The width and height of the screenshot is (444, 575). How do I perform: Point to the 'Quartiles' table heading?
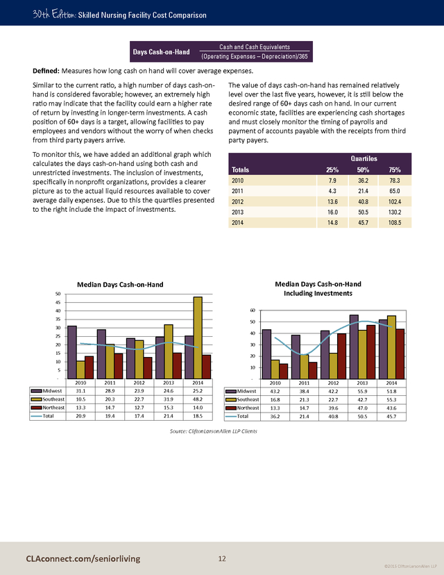358,158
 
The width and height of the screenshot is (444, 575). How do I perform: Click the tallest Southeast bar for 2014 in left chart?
198,337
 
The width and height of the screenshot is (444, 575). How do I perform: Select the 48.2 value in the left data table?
198,399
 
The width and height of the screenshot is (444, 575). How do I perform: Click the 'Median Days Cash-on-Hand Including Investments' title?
318,288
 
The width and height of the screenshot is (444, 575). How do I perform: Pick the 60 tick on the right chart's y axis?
253,310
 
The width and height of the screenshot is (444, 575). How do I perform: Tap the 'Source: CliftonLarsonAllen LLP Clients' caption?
213,431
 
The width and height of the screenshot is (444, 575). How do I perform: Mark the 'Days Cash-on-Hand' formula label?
162,51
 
